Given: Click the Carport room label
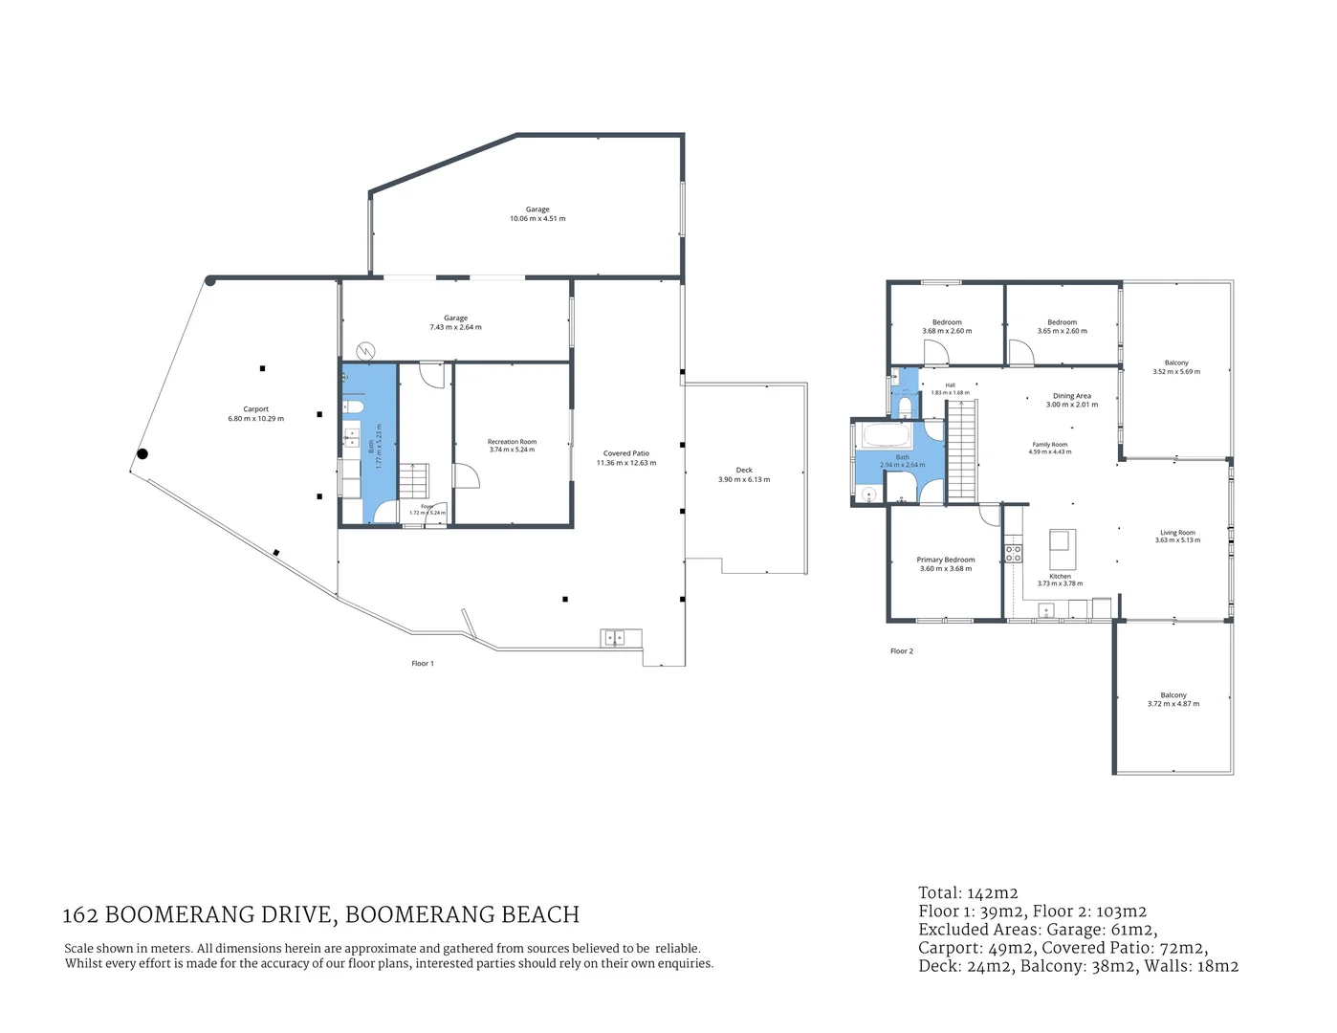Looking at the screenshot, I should (255, 409).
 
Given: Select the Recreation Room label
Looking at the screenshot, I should (512, 442).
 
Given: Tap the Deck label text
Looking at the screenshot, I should (744, 471).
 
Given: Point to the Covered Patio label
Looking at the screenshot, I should (626, 453).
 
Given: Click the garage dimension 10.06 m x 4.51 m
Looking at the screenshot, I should (537, 219).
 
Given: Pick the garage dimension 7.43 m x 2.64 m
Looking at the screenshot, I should (455, 327).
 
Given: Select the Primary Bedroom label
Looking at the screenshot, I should (946, 560).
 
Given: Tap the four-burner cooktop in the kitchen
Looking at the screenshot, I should (1013, 553).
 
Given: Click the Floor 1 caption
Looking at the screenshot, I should (423, 664).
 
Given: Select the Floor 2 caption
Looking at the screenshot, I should (902, 651).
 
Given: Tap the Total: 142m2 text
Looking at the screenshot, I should (968, 893).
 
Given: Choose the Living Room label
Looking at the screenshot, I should (1177, 533).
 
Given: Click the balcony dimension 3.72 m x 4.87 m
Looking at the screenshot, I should (1173, 704).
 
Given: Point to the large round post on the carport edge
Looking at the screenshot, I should (142, 454).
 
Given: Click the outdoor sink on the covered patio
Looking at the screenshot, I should (612, 636).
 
